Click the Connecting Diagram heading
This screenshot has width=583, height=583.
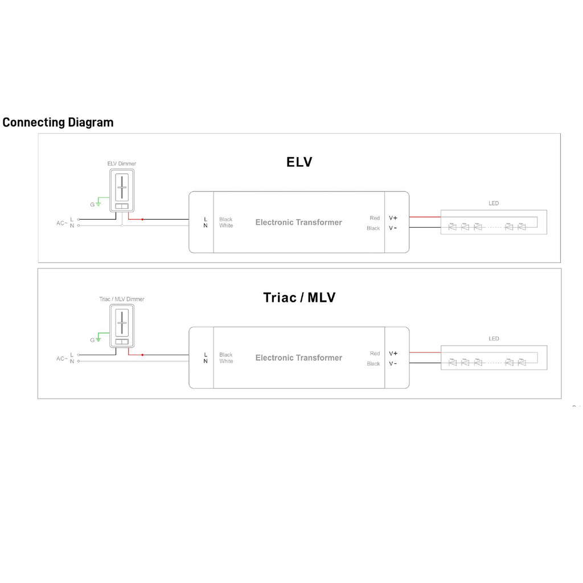pyautogui.click(x=58, y=122)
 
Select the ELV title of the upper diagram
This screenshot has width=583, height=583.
pyautogui.click(x=299, y=162)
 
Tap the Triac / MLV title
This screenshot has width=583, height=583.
pyautogui.click(x=299, y=297)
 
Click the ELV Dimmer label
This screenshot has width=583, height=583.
pyautogui.click(x=122, y=164)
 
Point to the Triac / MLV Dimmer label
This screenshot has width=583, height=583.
pyautogui.click(x=122, y=299)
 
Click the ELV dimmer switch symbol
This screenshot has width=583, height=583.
pyautogui.click(x=122, y=190)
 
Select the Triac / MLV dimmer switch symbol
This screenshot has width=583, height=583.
pyautogui.click(x=122, y=326)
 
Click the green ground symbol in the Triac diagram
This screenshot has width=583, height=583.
pyautogui.click(x=99, y=339)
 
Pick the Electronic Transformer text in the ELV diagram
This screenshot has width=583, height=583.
pyautogui.click(x=298, y=223)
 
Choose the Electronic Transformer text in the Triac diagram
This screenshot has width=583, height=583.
pyautogui.click(x=298, y=358)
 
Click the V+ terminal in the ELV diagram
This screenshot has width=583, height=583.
pyautogui.click(x=393, y=218)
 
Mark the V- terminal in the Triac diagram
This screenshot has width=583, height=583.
pyautogui.click(x=393, y=364)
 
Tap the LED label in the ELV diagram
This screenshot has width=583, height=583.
pyautogui.click(x=494, y=203)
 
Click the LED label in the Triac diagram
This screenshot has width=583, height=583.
pyautogui.click(x=494, y=339)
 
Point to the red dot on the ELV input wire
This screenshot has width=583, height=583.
pyautogui.click(x=142, y=219)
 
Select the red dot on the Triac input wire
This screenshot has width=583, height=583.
pyautogui.click(x=142, y=355)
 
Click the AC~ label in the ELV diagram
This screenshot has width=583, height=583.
pyautogui.click(x=62, y=223)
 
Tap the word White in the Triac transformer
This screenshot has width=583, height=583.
pyautogui.click(x=226, y=362)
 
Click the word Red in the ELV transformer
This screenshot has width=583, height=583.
pyautogui.click(x=375, y=218)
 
